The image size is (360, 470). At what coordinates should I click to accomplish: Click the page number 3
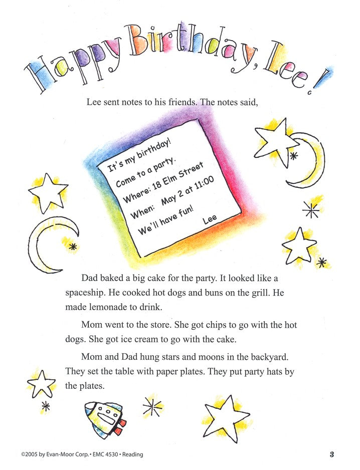(332, 454)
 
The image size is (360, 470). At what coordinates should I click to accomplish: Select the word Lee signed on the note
(210, 220)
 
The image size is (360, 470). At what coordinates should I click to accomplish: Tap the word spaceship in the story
(86, 293)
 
